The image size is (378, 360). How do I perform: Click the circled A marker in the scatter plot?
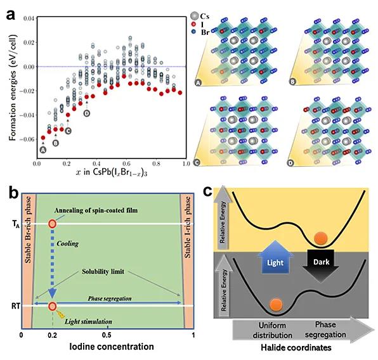[43, 150]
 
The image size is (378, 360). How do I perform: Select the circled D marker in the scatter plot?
[87, 113]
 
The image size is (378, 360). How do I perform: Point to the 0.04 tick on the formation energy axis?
[29, 18]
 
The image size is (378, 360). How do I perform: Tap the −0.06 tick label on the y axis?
[27, 139]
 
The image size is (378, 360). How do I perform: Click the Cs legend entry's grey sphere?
[194, 16]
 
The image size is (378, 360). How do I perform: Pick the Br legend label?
[205, 32]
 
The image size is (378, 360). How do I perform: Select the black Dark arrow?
[321, 266]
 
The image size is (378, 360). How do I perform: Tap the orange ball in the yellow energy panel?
[321, 238]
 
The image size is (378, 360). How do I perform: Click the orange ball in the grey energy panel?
[277, 305]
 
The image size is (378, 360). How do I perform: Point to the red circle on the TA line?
[52, 224]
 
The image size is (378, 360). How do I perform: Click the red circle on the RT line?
[52, 306]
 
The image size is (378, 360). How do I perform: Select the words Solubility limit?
[103, 271]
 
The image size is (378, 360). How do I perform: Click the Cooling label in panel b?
[68, 243]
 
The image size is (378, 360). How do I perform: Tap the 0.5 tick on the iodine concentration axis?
[107, 335]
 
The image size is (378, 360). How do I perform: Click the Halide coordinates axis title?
[296, 347]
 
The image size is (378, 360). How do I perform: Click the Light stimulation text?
[88, 322]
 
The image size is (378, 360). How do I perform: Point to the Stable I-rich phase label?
[188, 228]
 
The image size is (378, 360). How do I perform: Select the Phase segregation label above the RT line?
[110, 299]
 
